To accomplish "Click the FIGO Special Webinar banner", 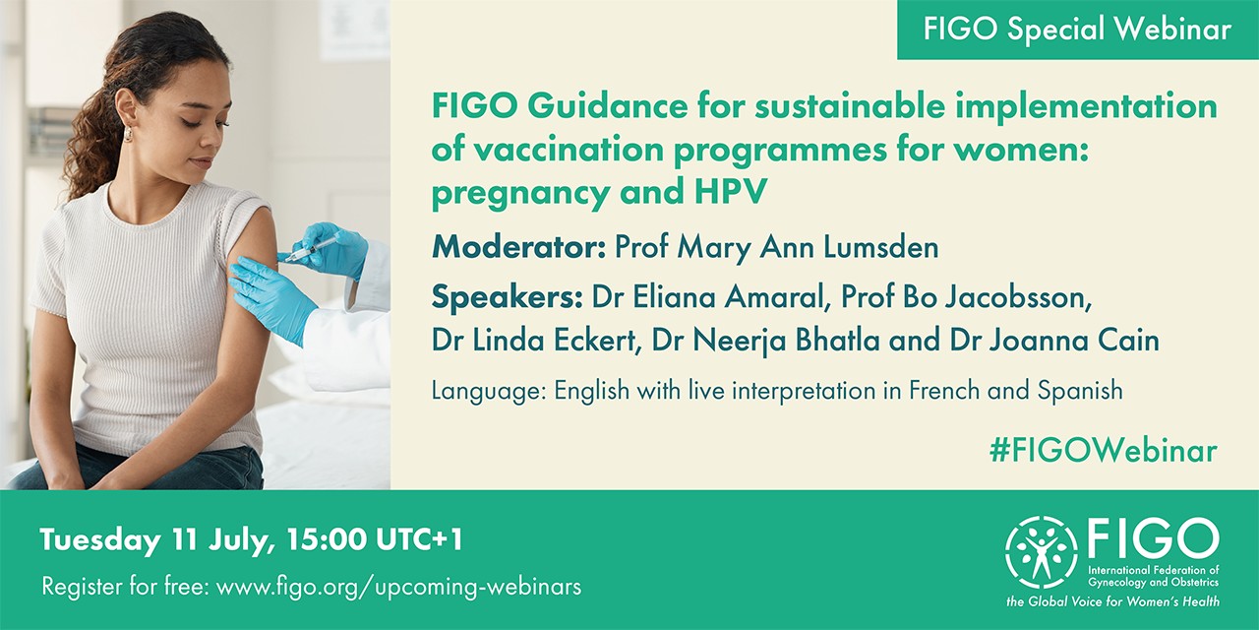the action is tap(1078, 30).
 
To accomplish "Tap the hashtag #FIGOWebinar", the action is tap(1103, 450).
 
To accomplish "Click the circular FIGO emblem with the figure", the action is tap(1042, 552).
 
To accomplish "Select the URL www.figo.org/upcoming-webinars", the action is tap(398, 587).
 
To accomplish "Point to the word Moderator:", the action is tap(518, 247).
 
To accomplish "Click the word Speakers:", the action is tap(507, 297).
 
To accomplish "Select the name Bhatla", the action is tap(832, 341).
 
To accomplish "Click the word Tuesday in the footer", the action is tap(99, 539).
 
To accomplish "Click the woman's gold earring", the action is tap(127, 133).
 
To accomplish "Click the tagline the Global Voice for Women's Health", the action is tap(1112, 601).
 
